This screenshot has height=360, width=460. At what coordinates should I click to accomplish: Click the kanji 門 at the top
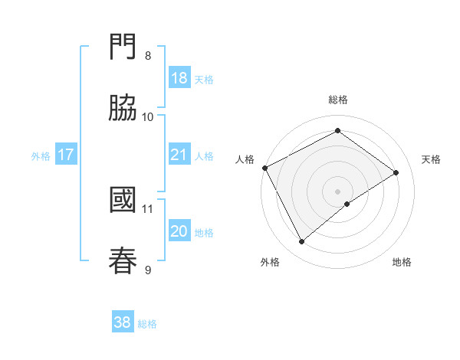tap(123, 50)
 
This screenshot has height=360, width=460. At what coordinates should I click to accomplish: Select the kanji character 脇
tap(123, 108)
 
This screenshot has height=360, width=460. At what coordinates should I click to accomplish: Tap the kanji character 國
tap(123, 201)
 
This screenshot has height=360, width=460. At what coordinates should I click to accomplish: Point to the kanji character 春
tap(123, 260)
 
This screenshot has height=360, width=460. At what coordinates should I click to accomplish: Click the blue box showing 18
tap(179, 78)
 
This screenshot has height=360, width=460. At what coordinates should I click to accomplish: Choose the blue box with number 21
tap(179, 155)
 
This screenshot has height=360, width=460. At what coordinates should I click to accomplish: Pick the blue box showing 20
tap(179, 231)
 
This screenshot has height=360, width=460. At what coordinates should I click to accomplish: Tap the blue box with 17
tap(66, 155)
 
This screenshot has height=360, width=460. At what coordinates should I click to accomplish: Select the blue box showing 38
tap(123, 322)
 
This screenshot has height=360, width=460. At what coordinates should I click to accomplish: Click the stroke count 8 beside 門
tap(148, 56)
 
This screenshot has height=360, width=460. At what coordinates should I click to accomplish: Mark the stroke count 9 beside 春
tap(148, 269)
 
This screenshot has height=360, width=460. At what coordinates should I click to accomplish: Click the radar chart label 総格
tap(338, 100)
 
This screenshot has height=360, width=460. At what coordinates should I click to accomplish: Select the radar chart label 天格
tap(432, 159)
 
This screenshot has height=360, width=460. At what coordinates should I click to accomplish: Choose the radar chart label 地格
tap(402, 262)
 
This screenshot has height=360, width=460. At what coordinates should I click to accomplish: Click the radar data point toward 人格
tap(264, 168)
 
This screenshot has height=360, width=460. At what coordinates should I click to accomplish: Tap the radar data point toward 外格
tap(301, 242)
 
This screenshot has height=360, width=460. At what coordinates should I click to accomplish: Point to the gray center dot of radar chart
tap(338, 191)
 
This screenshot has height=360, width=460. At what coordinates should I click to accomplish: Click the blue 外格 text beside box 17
tap(41, 155)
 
